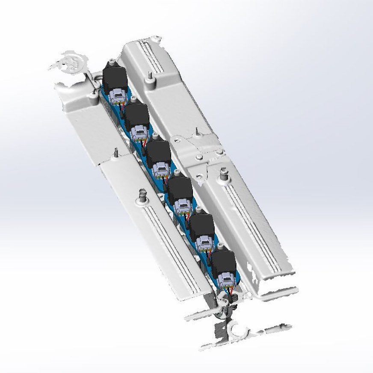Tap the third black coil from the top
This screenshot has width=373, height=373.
click(158, 152)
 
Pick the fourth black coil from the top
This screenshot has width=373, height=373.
click(180, 189)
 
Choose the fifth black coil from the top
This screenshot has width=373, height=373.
click(201, 226)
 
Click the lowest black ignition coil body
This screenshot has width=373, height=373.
click(223, 262)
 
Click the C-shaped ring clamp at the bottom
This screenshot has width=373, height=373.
click(237, 329)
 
